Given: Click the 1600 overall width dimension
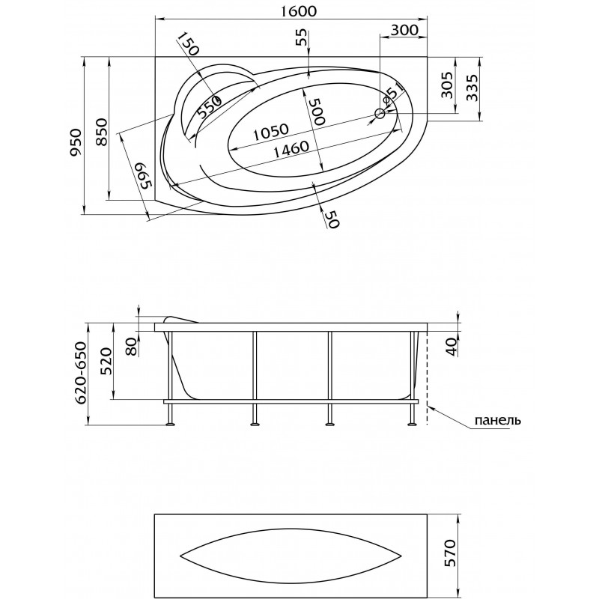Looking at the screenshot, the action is [x=299, y=11].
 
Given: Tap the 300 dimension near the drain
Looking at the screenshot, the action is [x=404, y=30].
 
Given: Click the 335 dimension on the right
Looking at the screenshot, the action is [x=472, y=88].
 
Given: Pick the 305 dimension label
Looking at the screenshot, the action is [x=447, y=85].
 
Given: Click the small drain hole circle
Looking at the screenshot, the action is [x=380, y=114].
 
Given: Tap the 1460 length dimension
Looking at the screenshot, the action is [x=291, y=148].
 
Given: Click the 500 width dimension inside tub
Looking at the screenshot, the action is [x=317, y=112].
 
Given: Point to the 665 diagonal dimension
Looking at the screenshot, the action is [x=145, y=176].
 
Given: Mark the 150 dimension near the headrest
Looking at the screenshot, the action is [x=189, y=43].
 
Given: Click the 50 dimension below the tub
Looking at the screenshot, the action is [x=332, y=219].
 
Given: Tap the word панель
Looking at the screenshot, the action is [x=497, y=421].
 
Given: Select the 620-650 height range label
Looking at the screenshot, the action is [x=81, y=372].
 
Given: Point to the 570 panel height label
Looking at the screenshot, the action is [x=451, y=553].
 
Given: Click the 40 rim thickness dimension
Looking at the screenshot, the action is [x=453, y=347].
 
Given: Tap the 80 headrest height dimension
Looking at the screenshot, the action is [x=132, y=347].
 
